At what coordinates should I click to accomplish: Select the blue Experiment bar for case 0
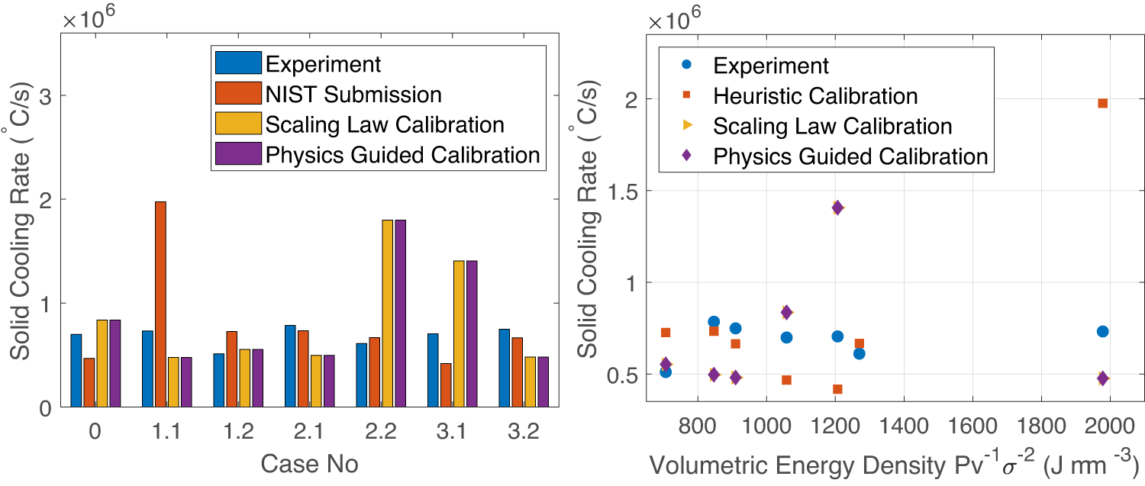pos(76,370)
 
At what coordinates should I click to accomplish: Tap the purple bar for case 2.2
pos(400,313)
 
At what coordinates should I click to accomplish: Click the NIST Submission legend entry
pos(353,95)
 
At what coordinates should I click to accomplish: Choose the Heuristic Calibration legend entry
pos(814,95)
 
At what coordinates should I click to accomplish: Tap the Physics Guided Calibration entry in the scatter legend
pos(850,156)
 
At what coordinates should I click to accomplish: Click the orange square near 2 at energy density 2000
pos(1102,103)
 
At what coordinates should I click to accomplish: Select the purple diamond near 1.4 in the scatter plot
pos(837,208)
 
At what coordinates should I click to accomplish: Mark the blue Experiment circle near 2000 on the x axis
pos(1102,331)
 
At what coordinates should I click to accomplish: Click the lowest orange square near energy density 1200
pos(837,389)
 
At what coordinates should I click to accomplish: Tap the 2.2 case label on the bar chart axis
pos(379,433)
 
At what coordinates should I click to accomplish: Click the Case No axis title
pos(309,463)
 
